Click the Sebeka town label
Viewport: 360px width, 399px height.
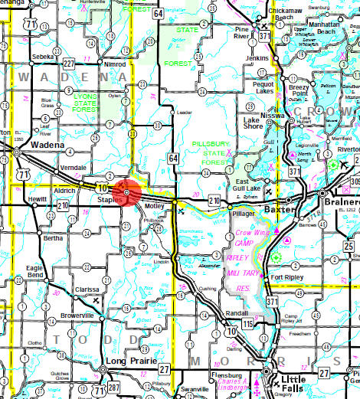[41, 57]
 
